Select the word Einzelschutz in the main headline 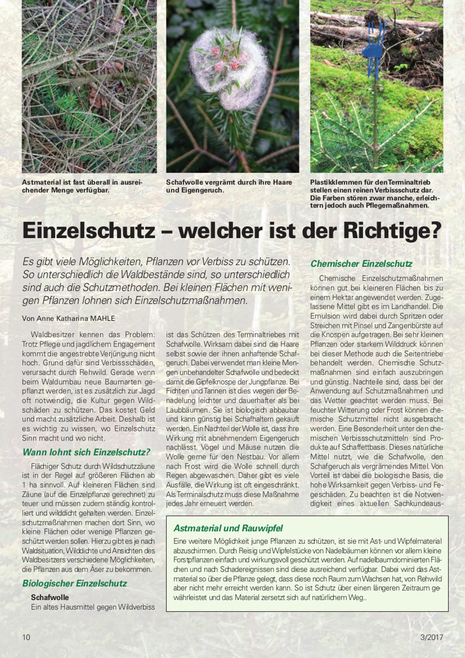[x=89, y=230]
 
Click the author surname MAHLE [x=100, y=319]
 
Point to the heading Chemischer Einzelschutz [x=361, y=264]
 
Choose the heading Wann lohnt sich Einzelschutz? [x=86, y=452]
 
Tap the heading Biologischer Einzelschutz [x=74, y=583]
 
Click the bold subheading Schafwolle [x=50, y=597]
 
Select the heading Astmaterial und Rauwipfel [x=228, y=528]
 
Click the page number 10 [x=26, y=637]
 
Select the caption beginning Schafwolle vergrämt [x=229, y=186]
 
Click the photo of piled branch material [x=89, y=86]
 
